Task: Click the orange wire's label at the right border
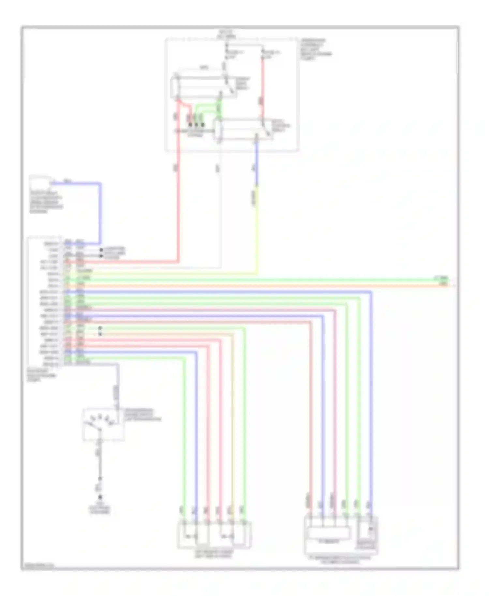click(443, 284)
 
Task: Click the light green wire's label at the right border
click(441, 278)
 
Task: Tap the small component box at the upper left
click(40, 183)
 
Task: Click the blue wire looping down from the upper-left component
click(100, 212)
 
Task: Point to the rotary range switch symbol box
click(103, 424)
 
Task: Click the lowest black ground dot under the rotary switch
click(100, 497)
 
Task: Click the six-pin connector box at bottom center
click(214, 535)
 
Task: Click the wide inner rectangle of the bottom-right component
click(328, 533)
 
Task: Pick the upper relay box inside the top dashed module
click(204, 87)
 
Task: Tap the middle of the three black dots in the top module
click(196, 125)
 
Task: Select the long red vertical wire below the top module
click(178, 196)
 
